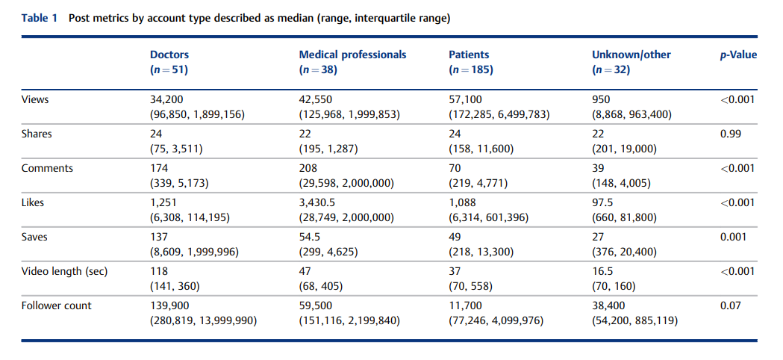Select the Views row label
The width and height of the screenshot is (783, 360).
[x=35, y=99]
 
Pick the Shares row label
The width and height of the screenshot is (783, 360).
[x=37, y=134]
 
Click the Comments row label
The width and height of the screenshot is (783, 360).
[x=47, y=168]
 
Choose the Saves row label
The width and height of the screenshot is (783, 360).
[x=34, y=237]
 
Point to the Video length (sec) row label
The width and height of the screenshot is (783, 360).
[x=64, y=272]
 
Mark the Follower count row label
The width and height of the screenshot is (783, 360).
[x=57, y=305]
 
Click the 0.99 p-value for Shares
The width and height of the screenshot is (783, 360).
[x=731, y=134]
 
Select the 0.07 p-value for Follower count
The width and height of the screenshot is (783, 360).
[x=731, y=305]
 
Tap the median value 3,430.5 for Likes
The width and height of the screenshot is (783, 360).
[x=318, y=203]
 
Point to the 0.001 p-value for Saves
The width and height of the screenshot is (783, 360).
[x=733, y=237]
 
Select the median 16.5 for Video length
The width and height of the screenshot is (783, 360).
[x=601, y=272]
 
